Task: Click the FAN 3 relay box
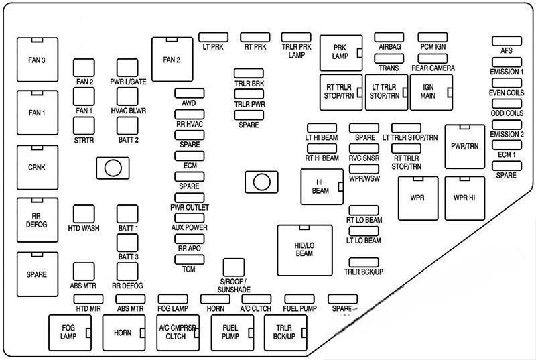pos(36,60)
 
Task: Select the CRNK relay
pos(36,167)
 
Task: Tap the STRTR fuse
pos(84,126)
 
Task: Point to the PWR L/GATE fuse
pos(127,68)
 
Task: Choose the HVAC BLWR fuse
pos(127,97)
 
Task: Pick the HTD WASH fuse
pos(84,214)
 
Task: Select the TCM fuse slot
pos(189,258)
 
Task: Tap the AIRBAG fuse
pos(389,37)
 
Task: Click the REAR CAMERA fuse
pos(432,58)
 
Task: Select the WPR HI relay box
pos(464,198)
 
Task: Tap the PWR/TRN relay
pos(464,146)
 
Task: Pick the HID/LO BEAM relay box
pos(304,249)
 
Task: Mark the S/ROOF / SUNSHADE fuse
pos(234,267)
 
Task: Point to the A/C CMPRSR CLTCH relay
pos(177,332)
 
